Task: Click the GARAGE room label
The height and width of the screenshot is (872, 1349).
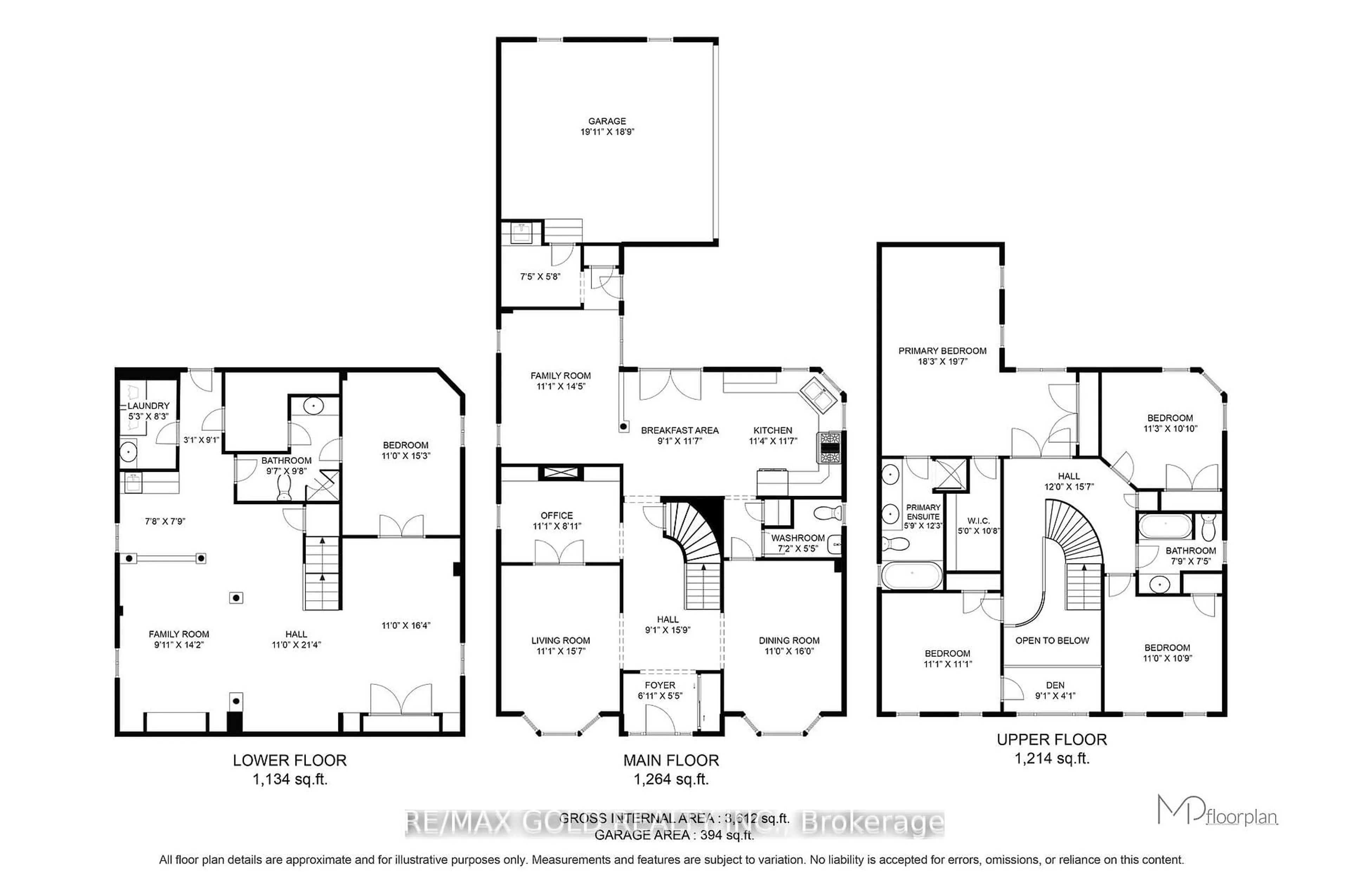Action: tap(606, 121)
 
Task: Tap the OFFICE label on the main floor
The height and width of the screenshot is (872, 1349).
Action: tap(556, 515)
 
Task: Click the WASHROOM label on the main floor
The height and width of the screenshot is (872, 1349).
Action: tap(797, 538)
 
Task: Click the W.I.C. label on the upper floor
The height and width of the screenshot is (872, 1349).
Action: tap(978, 520)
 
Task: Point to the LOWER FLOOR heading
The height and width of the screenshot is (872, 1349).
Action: tap(289, 760)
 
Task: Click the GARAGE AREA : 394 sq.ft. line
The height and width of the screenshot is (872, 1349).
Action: tap(674, 835)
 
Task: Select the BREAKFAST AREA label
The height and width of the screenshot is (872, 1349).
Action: tap(679, 430)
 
